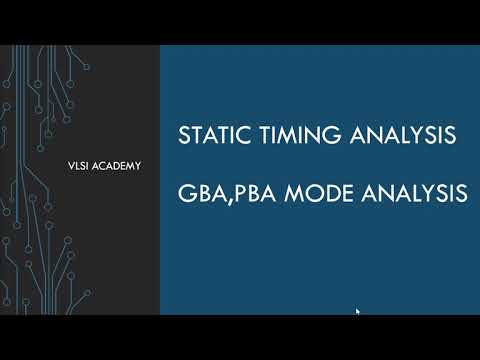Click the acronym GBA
click(x=199, y=193)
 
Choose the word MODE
click(x=314, y=193)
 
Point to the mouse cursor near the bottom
click(x=357, y=311)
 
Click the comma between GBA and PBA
click(x=226, y=200)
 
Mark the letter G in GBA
click(x=184, y=193)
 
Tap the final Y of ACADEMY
click(x=137, y=166)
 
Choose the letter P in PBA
click(x=237, y=193)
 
